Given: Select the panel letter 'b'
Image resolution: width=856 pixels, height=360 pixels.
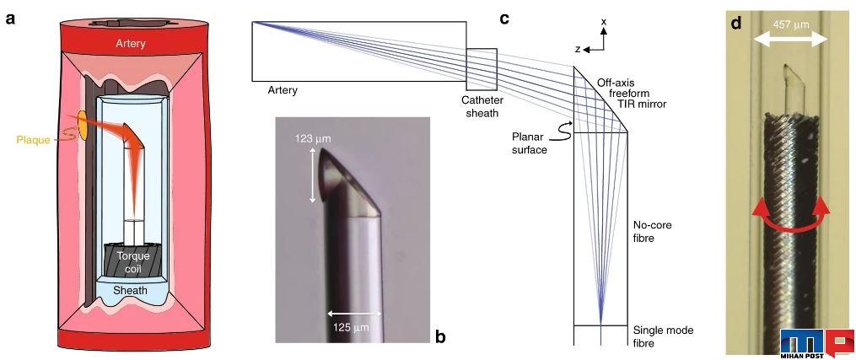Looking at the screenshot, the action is click(440, 336).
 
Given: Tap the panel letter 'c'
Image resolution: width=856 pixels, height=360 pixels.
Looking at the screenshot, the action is click(504, 19).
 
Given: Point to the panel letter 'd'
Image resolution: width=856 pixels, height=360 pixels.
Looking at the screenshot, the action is click(737, 24).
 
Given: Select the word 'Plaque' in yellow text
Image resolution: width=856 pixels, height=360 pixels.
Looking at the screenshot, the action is click(33, 140).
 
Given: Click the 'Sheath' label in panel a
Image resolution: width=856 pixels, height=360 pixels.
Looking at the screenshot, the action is click(130, 290).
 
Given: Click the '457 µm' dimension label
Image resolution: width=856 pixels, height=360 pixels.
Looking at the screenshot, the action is click(791, 24).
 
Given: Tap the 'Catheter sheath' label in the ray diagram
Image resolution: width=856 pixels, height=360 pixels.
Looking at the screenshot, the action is click(482, 106).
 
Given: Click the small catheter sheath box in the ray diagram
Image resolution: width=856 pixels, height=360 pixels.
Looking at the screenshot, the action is click(482, 69).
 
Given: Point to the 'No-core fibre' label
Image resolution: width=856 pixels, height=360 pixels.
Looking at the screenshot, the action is click(651, 231).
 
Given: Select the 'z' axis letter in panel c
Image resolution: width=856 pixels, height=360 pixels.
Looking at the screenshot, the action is click(577, 49).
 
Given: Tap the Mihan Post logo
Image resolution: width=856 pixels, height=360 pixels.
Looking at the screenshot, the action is click(816, 343).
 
